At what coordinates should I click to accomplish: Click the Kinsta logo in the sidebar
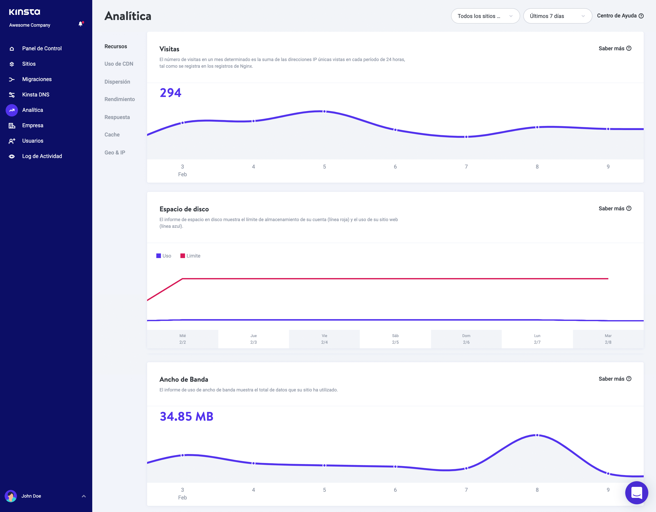coord(24,12)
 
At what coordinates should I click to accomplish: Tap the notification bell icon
coord(80,24)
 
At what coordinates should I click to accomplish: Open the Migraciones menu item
coord(37,79)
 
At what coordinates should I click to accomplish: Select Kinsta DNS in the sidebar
coord(35,94)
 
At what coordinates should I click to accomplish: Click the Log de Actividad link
coord(42,156)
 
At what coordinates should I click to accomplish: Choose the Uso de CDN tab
coord(119,64)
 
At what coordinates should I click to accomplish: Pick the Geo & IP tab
coord(115,152)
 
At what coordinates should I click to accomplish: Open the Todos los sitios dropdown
coord(485,16)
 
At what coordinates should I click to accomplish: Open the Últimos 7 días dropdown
coord(557,16)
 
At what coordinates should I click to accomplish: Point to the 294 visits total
coord(170,93)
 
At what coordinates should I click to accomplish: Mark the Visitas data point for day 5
coord(324,112)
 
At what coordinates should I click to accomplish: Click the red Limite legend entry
coord(190,256)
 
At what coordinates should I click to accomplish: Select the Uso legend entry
coord(164,256)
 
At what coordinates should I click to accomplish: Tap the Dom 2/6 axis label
coord(466,339)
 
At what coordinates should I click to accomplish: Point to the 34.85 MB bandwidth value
coord(186,416)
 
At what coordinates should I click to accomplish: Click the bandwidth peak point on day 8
coord(537,435)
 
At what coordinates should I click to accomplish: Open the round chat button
coord(636,493)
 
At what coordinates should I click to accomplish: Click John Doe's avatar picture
coord(11,496)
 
